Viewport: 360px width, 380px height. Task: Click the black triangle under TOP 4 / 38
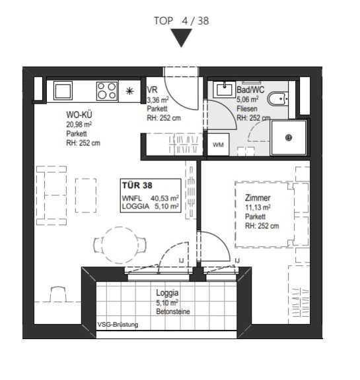[x=181, y=37]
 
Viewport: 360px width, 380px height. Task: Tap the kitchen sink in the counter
[x=63, y=90]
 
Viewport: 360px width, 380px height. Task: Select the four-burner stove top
[x=107, y=91]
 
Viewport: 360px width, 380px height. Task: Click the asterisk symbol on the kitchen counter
[x=129, y=91]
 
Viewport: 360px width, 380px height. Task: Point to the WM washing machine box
[x=218, y=144]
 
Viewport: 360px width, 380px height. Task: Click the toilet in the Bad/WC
[x=278, y=99]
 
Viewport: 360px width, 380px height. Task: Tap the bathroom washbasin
[x=225, y=90]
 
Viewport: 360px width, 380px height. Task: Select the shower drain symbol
[x=289, y=138]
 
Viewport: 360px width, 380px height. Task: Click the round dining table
[x=120, y=245]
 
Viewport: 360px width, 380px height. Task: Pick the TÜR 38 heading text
[x=137, y=185]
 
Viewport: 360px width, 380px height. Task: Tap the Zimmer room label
[x=258, y=198]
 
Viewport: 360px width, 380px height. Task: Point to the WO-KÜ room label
[x=79, y=115]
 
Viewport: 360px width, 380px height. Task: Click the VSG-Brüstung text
[x=118, y=325]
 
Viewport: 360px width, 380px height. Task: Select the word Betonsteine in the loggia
[x=173, y=311]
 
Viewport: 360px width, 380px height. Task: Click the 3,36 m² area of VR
[x=158, y=100]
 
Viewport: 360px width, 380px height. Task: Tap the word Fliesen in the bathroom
[x=246, y=109]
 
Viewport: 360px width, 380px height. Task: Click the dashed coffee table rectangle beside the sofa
[x=86, y=195]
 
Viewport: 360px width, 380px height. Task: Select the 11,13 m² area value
[x=258, y=207]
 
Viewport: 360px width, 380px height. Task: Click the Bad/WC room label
[x=250, y=90]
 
